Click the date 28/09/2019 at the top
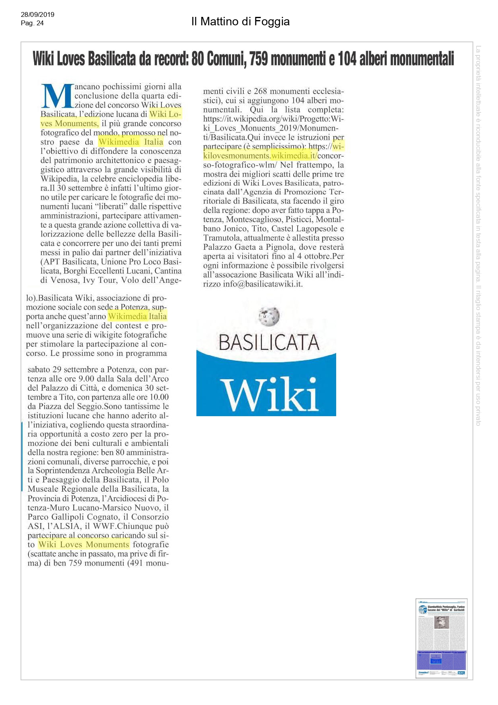coord(37,14)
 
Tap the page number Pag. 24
coord(32,23)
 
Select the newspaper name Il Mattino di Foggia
coord(240,21)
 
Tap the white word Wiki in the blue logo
coord(269,394)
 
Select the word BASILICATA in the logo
coord(269,343)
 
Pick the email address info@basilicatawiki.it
coord(262,284)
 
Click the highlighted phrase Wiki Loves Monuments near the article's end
coord(84,544)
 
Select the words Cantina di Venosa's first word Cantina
coord(168,271)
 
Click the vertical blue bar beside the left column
coord(22,456)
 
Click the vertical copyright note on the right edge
coord(478,235)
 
